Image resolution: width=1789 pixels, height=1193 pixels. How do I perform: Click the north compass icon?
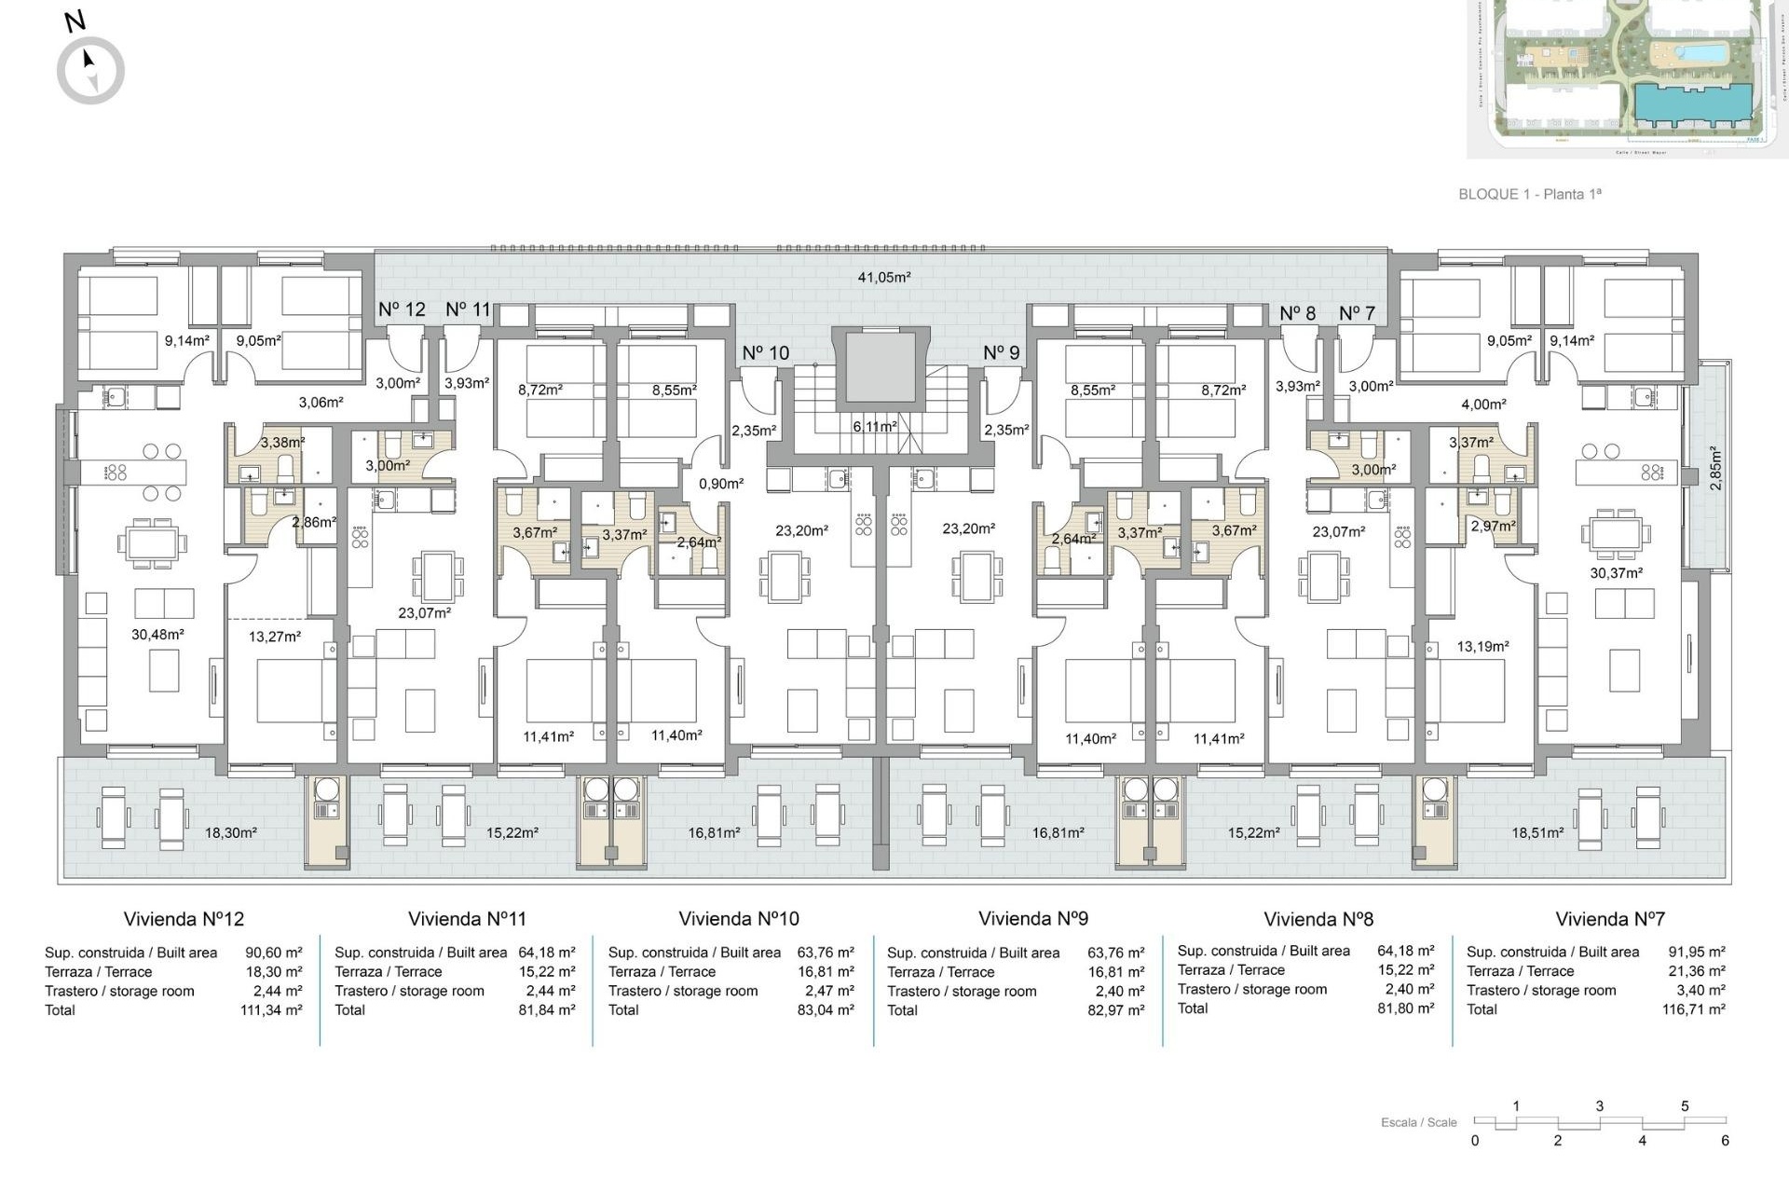pyautogui.click(x=90, y=70)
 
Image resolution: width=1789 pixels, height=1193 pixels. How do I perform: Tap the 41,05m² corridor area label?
pyautogui.click(x=883, y=277)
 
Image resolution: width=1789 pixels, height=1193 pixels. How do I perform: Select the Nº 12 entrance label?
pyautogui.click(x=402, y=309)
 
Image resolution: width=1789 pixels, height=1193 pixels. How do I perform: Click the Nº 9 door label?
pyautogui.click(x=1001, y=353)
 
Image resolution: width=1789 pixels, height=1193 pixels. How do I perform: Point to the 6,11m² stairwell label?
pyautogui.click(x=874, y=426)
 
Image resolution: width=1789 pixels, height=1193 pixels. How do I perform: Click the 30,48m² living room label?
pyautogui.click(x=157, y=634)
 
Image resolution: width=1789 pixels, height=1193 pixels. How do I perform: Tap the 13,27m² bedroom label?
pyautogui.click(x=275, y=637)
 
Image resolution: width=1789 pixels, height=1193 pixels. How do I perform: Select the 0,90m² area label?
pyautogui.click(x=721, y=484)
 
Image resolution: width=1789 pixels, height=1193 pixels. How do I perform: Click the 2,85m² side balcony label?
pyautogui.click(x=1715, y=468)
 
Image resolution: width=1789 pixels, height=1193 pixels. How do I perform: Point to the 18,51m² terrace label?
pyautogui.click(x=1537, y=832)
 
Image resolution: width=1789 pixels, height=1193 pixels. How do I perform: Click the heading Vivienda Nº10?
pyautogui.click(x=739, y=919)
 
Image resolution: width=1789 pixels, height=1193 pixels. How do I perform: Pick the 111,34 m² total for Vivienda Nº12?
pyautogui.click(x=271, y=1010)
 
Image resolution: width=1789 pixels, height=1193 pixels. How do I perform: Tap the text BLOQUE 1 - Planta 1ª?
pyautogui.click(x=1529, y=194)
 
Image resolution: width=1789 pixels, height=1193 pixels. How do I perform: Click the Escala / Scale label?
pyautogui.click(x=1418, y=1122)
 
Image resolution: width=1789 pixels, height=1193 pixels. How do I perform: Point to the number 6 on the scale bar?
pyautogui.click(x=1725, y=1141)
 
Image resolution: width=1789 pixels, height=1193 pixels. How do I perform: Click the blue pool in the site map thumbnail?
pyautogui.click(x=1694, y=52)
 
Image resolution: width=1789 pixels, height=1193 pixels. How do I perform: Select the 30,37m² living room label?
pyautogui.click(x=1616, y=573)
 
